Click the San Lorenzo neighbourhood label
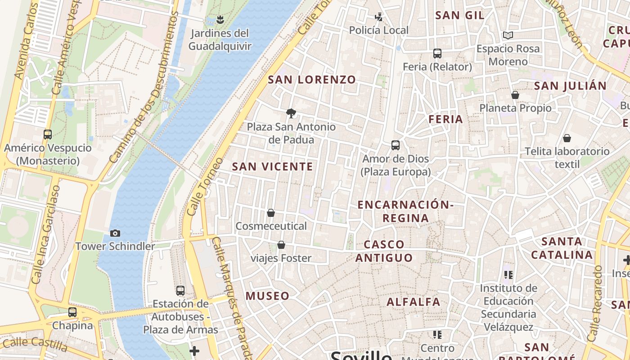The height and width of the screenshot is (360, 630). point(312,80)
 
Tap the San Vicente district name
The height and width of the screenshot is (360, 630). point(272,167)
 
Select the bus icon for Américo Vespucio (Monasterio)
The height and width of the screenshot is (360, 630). point(47,134)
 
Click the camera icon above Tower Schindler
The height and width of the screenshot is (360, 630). point(115,233)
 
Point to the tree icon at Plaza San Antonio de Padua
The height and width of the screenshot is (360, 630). point(291,113)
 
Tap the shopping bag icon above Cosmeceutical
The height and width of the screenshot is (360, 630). point(271,213)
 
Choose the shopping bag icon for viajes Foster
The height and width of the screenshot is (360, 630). point(281,245)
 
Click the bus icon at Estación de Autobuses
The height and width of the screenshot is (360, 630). point(180,291)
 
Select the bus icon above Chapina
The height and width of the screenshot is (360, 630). point(72,312)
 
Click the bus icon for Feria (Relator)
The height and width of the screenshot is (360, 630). point(437,54)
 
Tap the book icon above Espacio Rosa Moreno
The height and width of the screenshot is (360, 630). point(508,35)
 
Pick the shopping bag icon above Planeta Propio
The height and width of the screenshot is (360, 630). point(515,95)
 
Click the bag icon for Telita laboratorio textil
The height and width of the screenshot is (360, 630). point(567,138)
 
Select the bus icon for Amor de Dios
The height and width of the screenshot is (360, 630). point(396,145)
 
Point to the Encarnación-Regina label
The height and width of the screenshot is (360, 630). point(405,211)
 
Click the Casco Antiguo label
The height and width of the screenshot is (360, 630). point(384,251)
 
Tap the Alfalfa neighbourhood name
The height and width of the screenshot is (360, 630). point(414,302)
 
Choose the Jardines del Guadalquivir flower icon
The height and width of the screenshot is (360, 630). point(220,20)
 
